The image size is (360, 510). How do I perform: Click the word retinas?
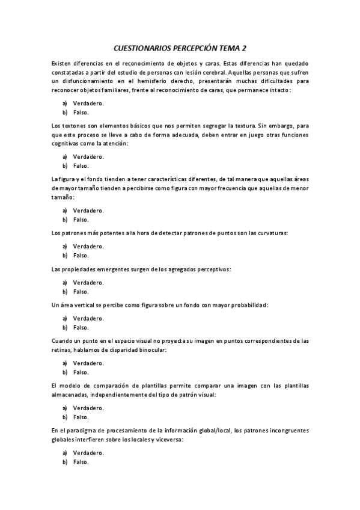click(63, 349)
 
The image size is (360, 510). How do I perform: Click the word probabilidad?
click(246, 305)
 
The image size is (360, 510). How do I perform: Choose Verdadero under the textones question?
click(88, 156)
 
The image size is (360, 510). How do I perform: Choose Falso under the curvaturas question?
click(81, 256)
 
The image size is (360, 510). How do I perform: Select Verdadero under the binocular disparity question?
click(88, 363)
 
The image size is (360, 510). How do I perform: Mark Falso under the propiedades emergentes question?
click(81, 291)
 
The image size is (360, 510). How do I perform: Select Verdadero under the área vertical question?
click(88, 318)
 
